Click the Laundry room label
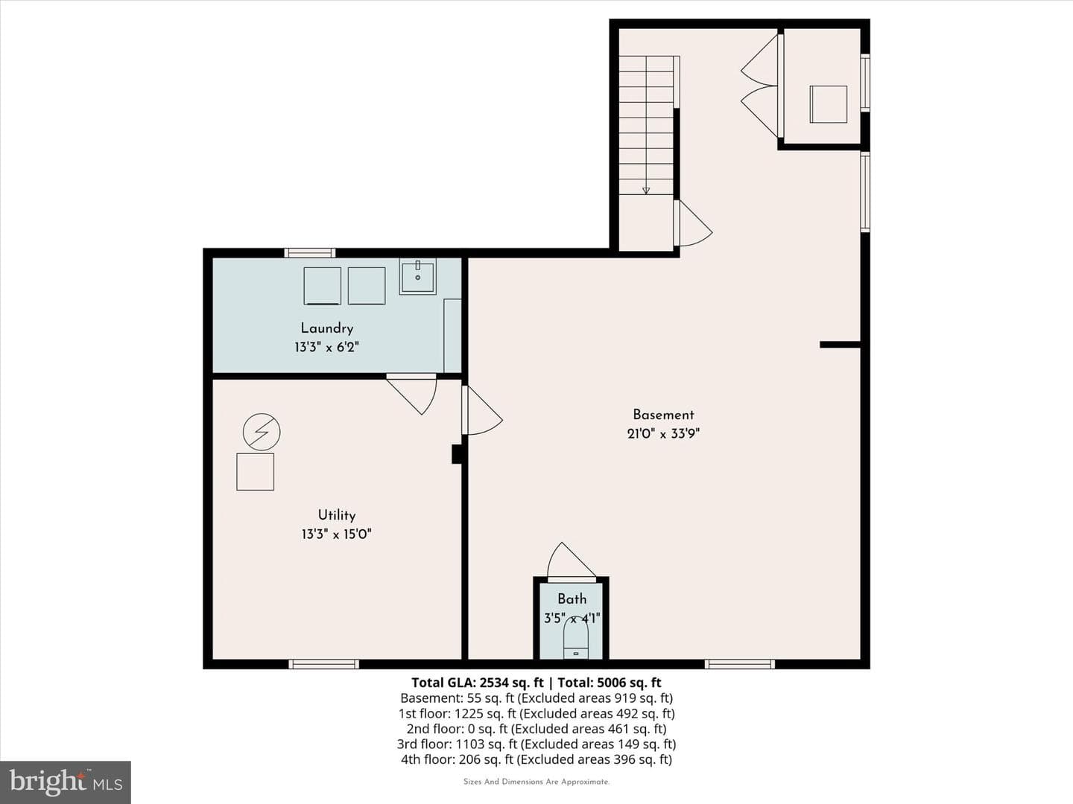(x=326, y=328)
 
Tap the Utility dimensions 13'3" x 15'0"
(x=336, y=534)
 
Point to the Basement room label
(x=663, y=415)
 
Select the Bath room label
(x=572, y=599)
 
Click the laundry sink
(x=417, y=276)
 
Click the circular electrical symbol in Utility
(x=262, y=432)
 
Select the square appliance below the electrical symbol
(x=255, y=471)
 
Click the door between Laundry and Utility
(x=411, y=394)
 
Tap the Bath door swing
(x=571, y=562)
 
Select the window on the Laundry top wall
(x=310, y=253)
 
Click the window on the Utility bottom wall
(x=323, y=664)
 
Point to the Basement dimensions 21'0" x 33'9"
(x=663, y=433)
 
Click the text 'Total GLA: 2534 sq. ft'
(x=477, y=683)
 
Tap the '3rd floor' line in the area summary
(x=536, y=744)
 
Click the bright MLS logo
(x=66, y=782)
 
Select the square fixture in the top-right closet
(x=829, y=104)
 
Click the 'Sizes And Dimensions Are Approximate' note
(x=536, y=782)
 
